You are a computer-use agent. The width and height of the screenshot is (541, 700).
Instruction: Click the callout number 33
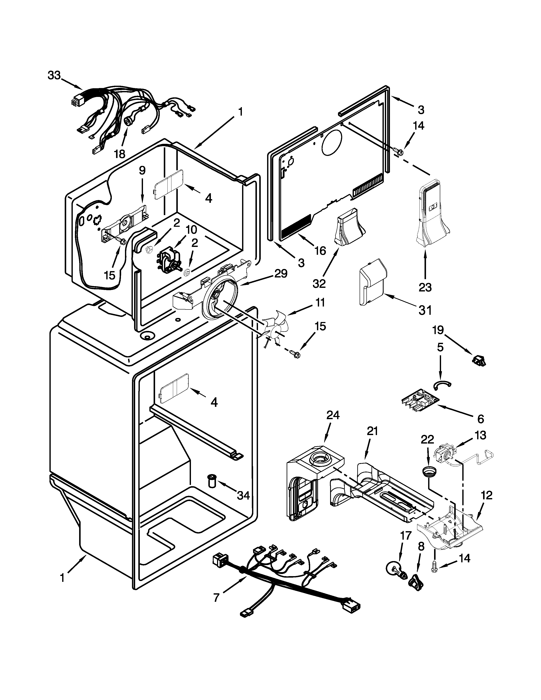tap(54, 76)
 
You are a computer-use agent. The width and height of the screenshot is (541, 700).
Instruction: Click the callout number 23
tap(425, 287)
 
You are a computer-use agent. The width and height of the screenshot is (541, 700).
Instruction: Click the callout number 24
tap(333, 415)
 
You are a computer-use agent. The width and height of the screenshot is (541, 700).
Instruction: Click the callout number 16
tap(320, 251)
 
